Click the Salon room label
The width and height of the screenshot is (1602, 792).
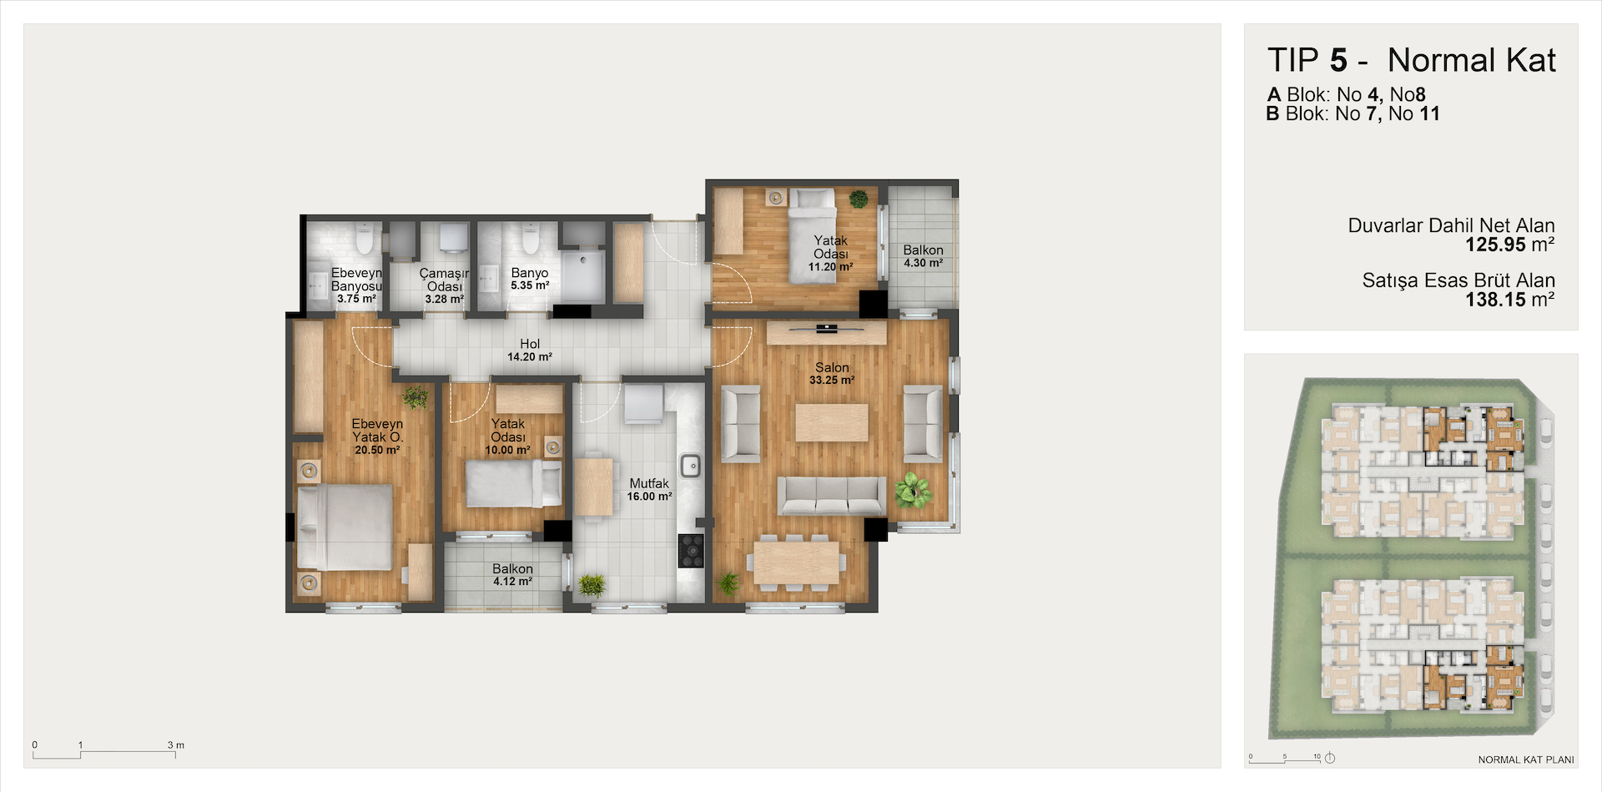[x=832, y=367]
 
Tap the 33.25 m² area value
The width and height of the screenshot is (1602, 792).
[x=832, y=381]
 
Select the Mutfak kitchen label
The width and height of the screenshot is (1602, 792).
[x=649, y=483]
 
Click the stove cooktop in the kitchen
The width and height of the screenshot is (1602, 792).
[x=691, y=551]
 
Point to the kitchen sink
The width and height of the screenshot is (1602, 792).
[x=690, y=466]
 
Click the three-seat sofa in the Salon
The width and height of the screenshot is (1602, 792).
[x=831, y=495]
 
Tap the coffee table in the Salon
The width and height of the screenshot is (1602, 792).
[x=832, y=422]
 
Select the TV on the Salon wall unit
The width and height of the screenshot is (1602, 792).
[x=826, y=329]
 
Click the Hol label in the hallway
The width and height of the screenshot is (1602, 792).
[x=530, y=344]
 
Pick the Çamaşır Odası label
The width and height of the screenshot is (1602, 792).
[x=444, y=280]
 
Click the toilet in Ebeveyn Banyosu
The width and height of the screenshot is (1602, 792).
[x=365, y=239]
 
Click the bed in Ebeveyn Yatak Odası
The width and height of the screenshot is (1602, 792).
[x=345, y=527]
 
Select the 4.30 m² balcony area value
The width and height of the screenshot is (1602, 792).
[x=924, y=263]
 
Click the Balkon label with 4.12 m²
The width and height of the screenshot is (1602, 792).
[x=512, y=568]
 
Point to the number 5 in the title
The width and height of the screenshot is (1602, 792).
[x=1338, y=61]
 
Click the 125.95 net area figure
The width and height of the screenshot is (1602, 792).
[x=1495, y=245]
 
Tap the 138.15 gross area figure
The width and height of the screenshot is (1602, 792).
[x=1495, y=300]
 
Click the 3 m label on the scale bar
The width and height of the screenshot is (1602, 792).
[x=175, y=745]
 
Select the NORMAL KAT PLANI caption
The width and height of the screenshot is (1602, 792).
[x=1526, y=759]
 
